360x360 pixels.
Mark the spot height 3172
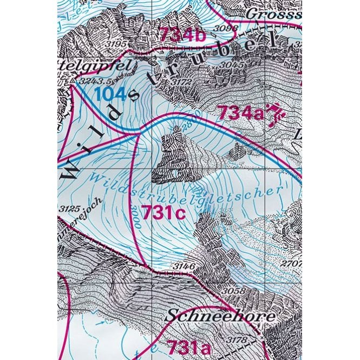pos(181,82)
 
